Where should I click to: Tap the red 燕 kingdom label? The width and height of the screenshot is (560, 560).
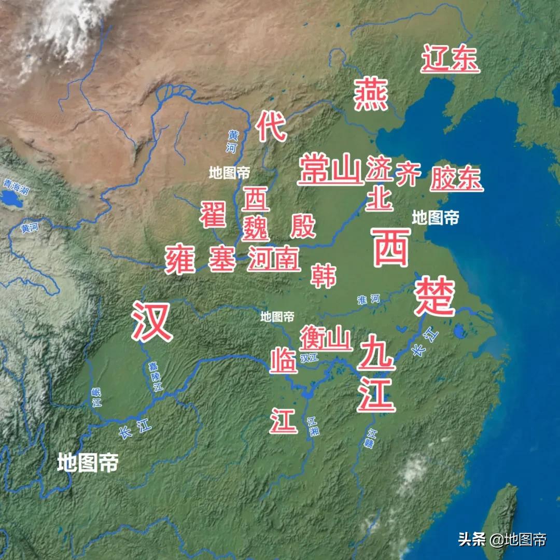pyautogui.click(x=371, y=94)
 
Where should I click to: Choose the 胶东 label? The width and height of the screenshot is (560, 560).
pyautogui.click(x=456, y=178)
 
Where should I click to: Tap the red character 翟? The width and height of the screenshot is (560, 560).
pyautogui.click(x=214, y=214)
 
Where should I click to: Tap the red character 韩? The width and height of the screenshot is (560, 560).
pyautogui.click(x=324, y=275)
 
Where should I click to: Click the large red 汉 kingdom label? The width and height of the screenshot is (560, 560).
pyautogui.click(x=151, y=321)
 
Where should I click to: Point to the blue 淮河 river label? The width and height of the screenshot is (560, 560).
pyautogui.click(x=369, y=299)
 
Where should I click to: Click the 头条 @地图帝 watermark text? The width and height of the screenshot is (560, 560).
pyautogui.click(x=502, y=539)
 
